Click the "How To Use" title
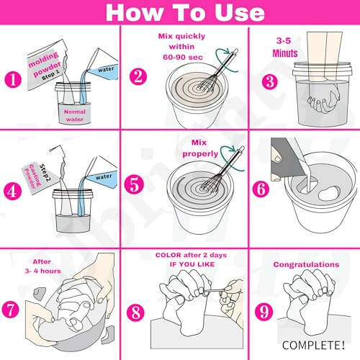tap(179, 12)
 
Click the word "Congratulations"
tap(306, 264)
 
